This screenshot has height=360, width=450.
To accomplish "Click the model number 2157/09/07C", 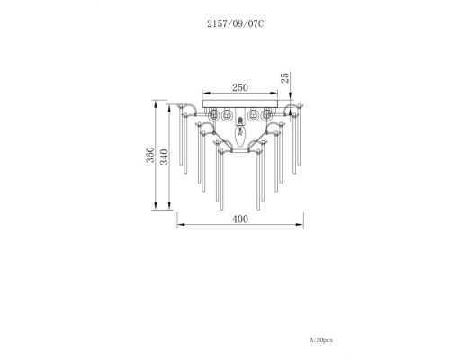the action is (x=236, y=23).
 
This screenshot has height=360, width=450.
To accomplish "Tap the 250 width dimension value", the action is (x=240, y=87).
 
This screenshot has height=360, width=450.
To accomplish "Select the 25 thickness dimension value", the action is (x=285, y=77).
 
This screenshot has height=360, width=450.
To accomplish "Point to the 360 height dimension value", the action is (x=150, y=155).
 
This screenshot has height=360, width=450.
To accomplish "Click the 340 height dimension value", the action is (x=164, y=157).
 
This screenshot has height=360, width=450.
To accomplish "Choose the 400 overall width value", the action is (x=240, y=220).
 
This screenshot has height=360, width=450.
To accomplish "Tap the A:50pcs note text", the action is (x=321, y=340).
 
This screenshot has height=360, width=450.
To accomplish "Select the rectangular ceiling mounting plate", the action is (x=240, y=103).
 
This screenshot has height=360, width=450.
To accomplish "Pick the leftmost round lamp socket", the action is (x=213, y=115).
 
